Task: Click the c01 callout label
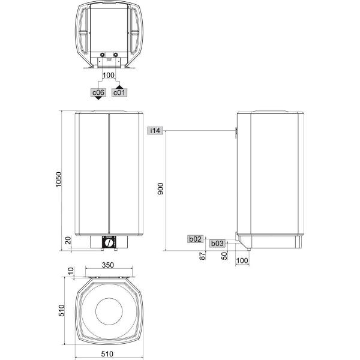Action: click(119, 92)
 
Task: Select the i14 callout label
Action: click(155, 131)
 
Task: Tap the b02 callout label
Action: click(196, 239)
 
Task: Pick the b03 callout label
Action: click(217, 243)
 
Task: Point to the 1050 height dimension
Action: click(59, 179)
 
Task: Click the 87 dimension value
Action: click(203, 256)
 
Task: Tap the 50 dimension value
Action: click(224, 256)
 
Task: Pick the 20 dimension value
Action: click(68, 241)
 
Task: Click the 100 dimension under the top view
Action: click(108, 75)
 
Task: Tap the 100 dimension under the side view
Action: click(242, 260)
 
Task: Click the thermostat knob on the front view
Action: click(109, 243)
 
